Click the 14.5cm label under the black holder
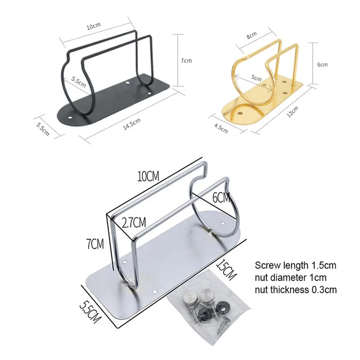(132, 124)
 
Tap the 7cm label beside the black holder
(186, 61)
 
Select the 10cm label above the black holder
(94, 26)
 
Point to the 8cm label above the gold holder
(252, 35)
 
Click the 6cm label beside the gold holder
(322, 65)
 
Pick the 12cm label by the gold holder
(293, 112)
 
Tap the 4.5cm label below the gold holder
(221, 128)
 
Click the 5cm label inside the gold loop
(256, 78)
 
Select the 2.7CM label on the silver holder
(134, 222)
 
